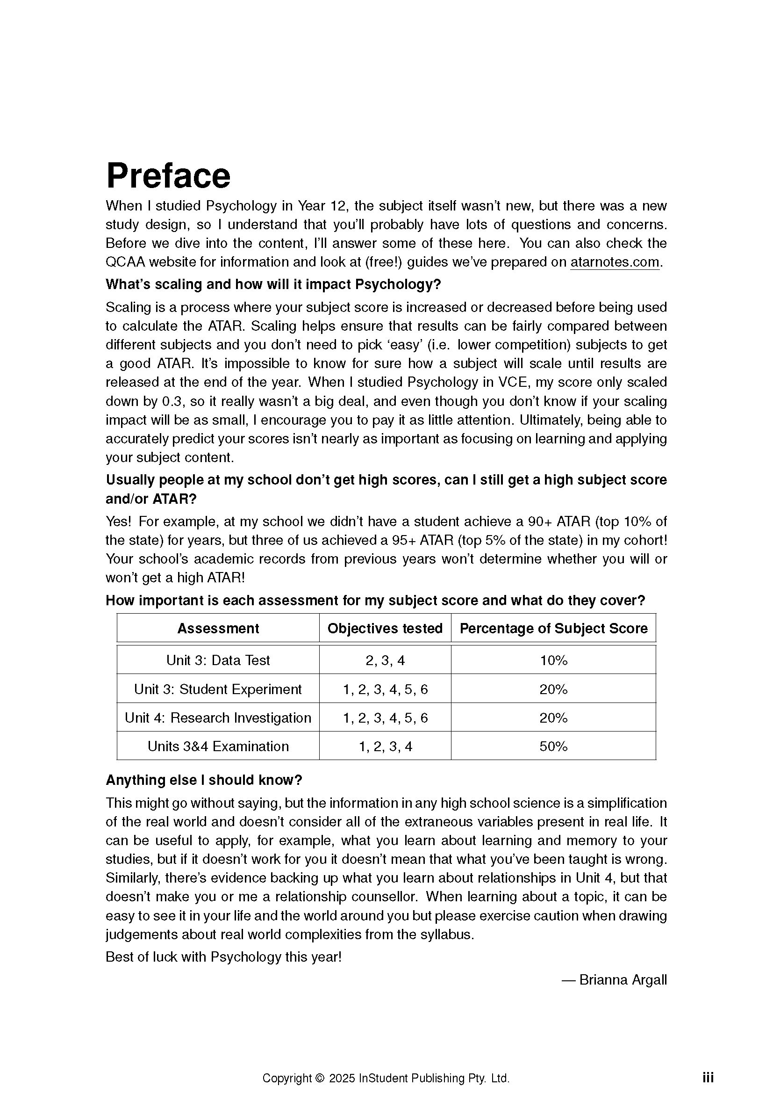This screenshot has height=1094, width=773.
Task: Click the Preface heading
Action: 168,176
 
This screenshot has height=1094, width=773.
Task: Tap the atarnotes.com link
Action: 615,262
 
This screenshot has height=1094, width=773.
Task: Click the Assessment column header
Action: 218,628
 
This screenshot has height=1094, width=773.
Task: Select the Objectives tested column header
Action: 385,628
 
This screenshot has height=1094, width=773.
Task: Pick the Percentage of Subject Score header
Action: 553,628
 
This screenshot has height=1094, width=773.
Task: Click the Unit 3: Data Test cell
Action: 218,660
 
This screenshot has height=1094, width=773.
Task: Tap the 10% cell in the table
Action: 553,660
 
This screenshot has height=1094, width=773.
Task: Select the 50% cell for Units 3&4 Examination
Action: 553,746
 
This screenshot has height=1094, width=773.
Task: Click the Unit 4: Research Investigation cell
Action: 218,717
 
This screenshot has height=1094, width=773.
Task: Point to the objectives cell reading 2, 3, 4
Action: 385,660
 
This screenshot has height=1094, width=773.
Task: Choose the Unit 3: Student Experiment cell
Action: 218,689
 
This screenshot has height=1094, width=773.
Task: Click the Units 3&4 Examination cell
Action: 218,746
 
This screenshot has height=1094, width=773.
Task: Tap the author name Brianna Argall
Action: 623,980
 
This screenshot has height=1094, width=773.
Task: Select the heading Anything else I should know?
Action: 204,780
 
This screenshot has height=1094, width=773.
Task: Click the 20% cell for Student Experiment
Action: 553,689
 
